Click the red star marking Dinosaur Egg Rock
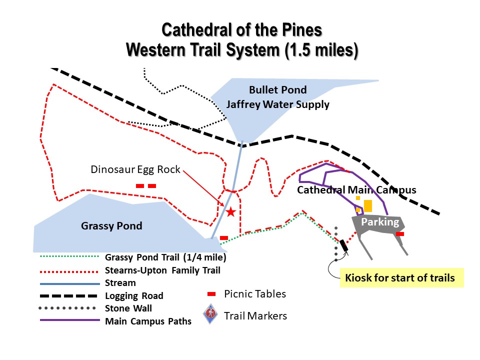click(230, 211)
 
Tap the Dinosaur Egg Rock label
click(135, 169)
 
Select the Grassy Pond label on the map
click(111, 225)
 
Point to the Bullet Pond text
click(277, 89)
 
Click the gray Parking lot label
click(380, 221)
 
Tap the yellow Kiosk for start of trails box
click(401, 277)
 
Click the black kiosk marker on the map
click(344, 245)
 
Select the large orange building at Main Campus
click(367, 206)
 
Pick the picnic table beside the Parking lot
click(400, 234)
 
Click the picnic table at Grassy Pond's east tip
click(224, 238)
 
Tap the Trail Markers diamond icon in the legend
click(210, 314)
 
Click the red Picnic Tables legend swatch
click(211, 294)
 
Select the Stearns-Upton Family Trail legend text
click(162, 270)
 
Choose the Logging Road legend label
click(134, 295)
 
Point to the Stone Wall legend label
click(128, 308)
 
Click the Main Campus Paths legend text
click(148, 321)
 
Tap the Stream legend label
click(120, 283)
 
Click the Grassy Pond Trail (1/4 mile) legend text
click(165, 257)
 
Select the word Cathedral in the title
click(196, 30)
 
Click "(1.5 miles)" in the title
click(321, 50)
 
